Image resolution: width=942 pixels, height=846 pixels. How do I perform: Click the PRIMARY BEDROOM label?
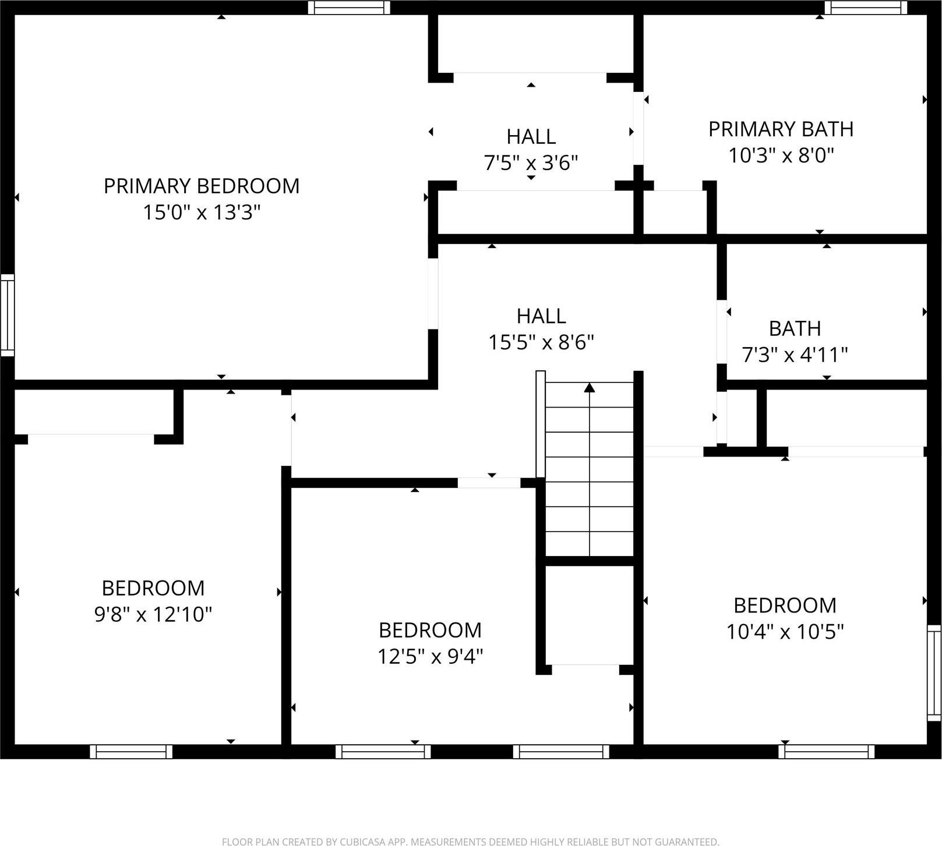(x=202, y=186)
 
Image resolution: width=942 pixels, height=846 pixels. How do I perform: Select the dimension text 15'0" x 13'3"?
(x=202, y=213)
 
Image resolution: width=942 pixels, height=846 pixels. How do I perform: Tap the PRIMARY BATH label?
(x=781, y=129)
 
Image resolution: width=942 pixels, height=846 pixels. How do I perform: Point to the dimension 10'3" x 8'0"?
(x=781, y=155)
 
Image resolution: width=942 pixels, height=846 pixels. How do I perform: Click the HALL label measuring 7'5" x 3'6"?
(x=531, y=137)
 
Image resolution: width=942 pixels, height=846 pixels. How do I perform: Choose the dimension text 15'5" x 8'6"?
(x=541, y=342)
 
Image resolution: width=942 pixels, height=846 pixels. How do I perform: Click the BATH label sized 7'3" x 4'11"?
(x=795, y=329)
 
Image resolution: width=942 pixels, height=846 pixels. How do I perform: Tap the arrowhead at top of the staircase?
(x=590, y=387)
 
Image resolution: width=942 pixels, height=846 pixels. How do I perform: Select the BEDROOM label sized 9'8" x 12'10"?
(x=153, y=588)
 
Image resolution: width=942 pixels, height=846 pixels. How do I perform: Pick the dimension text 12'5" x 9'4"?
(x=430, y=657)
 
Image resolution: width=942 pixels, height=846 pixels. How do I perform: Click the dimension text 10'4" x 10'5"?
(x=785, y=632)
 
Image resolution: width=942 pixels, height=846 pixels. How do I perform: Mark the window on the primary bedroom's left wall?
(x=7, y=315)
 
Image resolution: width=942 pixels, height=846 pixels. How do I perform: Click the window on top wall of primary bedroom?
(x=349, y=8)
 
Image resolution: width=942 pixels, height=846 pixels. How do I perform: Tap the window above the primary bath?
(x=866, y=8)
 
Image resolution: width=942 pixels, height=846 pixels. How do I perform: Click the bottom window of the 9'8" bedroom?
(x=131, y=752)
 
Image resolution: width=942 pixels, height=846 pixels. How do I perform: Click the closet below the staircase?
(x=589, y=614)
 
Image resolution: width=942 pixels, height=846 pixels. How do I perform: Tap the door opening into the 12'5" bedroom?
(x=489, y=483)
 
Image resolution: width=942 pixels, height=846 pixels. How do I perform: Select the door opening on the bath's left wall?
(x=722, y=332)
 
